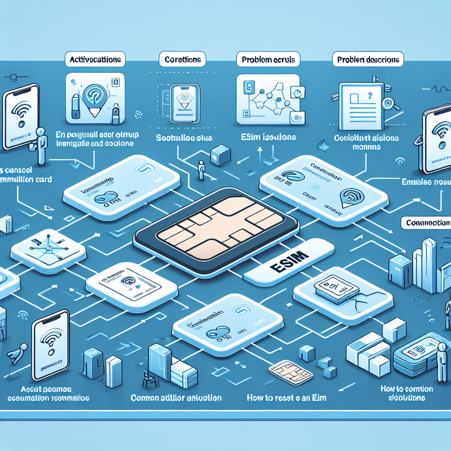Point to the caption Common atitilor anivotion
pos(176,398)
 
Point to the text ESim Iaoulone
pos(269,137)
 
